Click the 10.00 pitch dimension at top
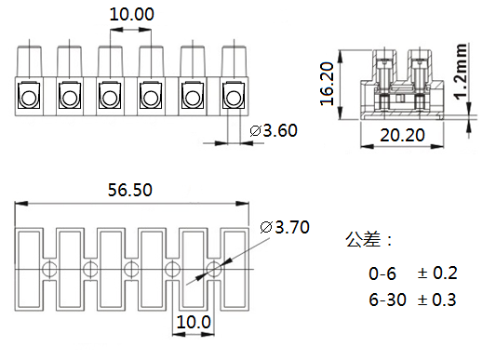[131, 14]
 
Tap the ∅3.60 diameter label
[274, 130]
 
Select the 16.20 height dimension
[327, 84]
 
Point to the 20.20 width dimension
[402, 135]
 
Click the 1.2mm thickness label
[462, 72]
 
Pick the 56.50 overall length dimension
[130, 190]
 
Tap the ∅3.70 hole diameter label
[285, 227]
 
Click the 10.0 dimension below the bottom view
[194, 322]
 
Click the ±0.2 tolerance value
[437, 273]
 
